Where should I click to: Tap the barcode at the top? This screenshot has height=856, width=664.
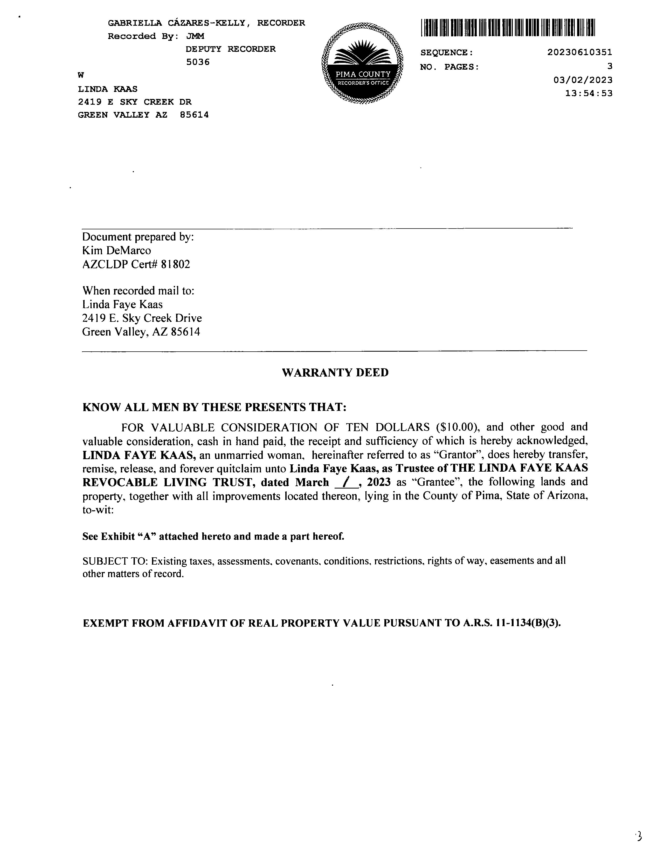click(x=508, y=28)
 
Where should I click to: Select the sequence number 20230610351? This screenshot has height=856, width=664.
click(x=579, y=52)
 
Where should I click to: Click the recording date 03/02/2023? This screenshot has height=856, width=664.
click(x=583, y=80)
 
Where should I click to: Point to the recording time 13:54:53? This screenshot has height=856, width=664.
click(x=589, y=94)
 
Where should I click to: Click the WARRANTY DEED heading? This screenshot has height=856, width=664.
click(x=335, y=373)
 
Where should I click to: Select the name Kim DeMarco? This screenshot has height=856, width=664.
click(x=117, y=250)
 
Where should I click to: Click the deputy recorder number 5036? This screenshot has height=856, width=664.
click(x=198, y=62)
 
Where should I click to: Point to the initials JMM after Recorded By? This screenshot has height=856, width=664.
click(x=195, y=36)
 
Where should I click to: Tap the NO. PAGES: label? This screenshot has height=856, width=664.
click(x=449, y=67)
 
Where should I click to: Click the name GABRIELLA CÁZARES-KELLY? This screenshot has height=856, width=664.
click(x=177, y=23)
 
